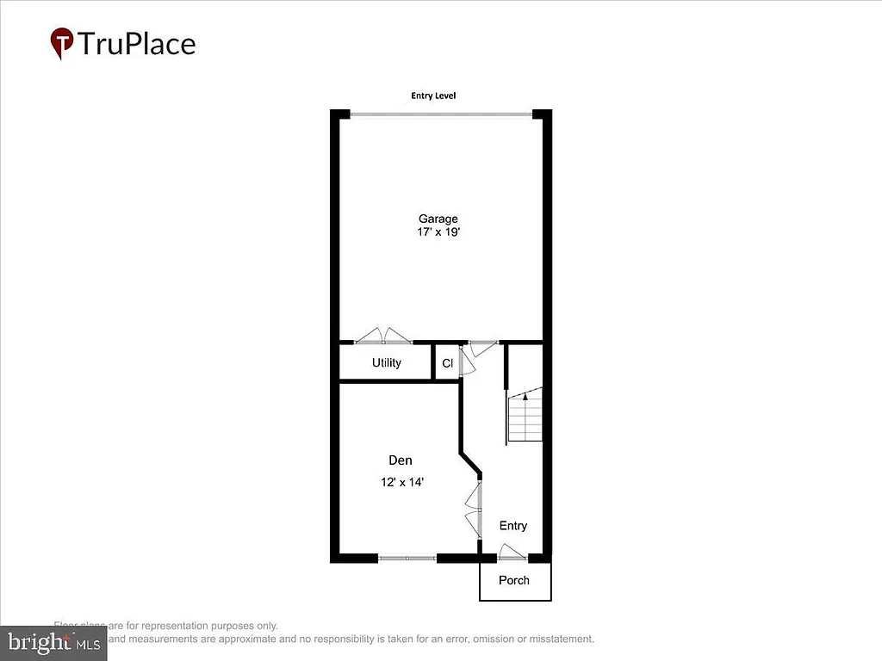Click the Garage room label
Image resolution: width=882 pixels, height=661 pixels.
tap(438, 219)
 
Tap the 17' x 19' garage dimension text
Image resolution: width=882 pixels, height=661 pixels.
tap(438, 232)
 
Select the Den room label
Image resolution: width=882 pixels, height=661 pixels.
tap(400, 460)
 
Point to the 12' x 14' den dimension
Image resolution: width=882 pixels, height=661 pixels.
tap(401, 483)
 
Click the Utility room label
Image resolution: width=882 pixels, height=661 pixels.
tap(386, 362)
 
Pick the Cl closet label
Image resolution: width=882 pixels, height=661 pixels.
tap(447, 363)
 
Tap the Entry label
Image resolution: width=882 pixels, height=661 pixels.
tap(512, 526)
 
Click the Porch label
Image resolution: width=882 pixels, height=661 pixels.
tap(514, 580)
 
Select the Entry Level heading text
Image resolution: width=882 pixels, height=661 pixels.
tap(433, 96)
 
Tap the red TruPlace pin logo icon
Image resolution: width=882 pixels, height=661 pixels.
tap(61, 41)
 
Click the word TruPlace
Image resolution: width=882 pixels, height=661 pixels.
tap(137, 43)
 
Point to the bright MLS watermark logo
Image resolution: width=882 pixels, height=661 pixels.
tap(53, 641)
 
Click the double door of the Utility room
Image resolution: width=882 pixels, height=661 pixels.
tap(384, 337)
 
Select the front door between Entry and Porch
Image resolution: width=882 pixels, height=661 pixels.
tap(512, 554)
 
